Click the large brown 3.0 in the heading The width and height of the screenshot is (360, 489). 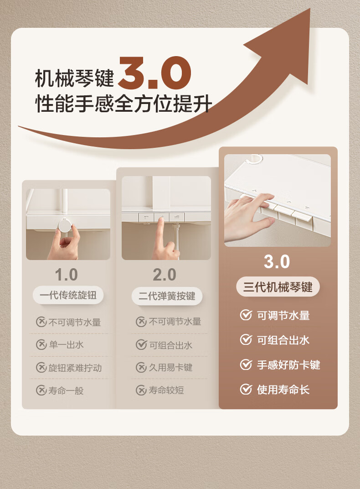[x=154, y=73]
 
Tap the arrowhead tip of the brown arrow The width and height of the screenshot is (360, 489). [x=310, y=9]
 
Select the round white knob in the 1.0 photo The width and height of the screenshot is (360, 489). [x=65, y=225]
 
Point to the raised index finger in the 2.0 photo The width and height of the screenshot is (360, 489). [x=161, y=229]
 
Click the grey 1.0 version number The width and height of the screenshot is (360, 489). [x=66, y=275]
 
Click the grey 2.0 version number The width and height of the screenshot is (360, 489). [x=165, y=275]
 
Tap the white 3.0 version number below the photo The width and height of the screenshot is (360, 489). [x=277, y=262]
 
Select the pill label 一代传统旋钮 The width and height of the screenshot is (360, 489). [x=68, y=295]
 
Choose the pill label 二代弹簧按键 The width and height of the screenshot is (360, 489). [x=167, y=296]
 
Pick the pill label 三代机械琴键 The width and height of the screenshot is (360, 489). [x=278, y=286]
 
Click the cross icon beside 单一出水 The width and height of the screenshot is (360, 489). [x=41, y=344]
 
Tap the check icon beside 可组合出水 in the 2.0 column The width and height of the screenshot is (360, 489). [x=141, y=344]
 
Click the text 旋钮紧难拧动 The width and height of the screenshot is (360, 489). [x=75, y=368]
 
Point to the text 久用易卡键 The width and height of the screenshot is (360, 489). [x=170, y=367]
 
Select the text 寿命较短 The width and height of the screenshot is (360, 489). [x=166, y=390]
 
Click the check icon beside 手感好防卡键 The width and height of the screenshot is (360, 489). [x=246, y=364]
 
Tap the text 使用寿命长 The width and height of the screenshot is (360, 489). [x=283, y=390]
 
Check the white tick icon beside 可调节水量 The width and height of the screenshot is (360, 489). [x=246, y=315]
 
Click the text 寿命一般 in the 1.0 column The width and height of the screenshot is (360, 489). [x=66, y=390]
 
